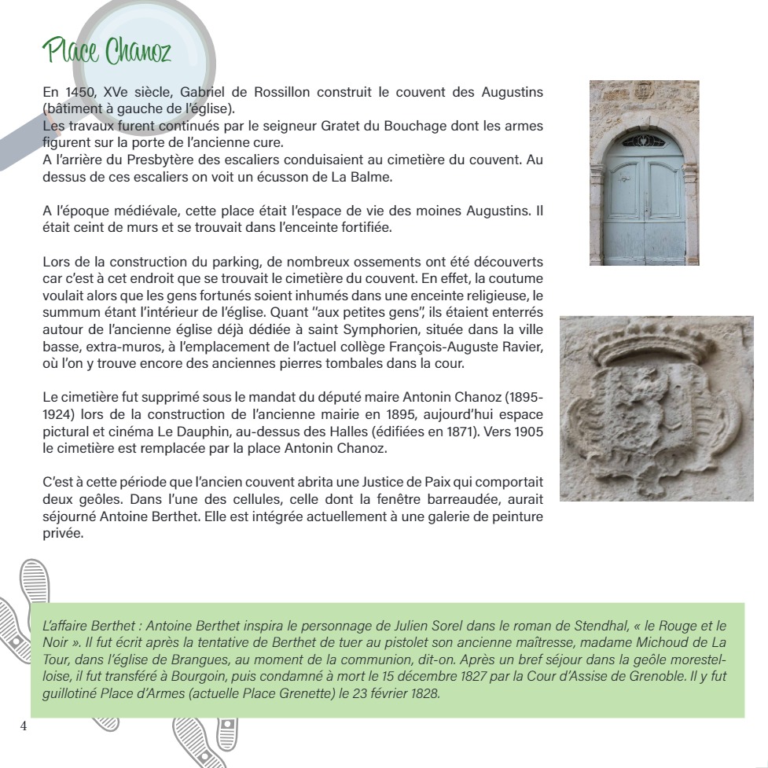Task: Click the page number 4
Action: click(24, 726)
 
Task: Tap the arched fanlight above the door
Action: click(644, 141)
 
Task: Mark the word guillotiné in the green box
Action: click(71, 694)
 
